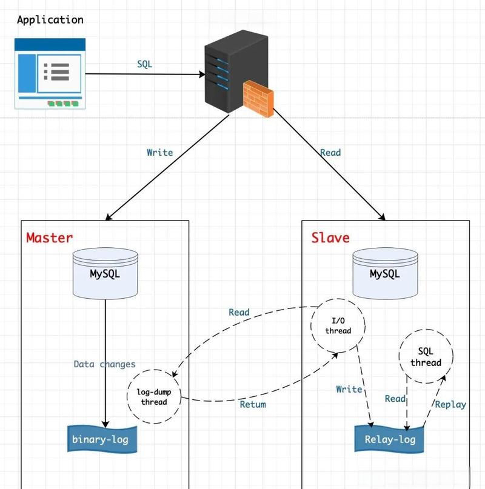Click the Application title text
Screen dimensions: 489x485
tap(50, 20)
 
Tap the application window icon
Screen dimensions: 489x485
tap(50, 73)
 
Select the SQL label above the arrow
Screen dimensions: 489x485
tap(144, 64)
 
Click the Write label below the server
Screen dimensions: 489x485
tap(160, 153)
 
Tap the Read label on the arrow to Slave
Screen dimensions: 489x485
tap(330, 153)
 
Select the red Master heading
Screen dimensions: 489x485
tap(49, 238)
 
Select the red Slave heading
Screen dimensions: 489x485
tap(330, 238)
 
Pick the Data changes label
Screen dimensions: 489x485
tap(105, 364)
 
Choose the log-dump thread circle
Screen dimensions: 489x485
tap(154, 398)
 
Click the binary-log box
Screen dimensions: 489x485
tap(101, 439)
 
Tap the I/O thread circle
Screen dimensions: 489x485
tap(338, 325)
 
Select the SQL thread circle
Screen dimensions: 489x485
tap(426, 358)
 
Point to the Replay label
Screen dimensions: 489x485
tap(450, 404)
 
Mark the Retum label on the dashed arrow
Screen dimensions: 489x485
tap(252, 404)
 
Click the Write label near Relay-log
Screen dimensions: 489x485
tap(349, 389)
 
